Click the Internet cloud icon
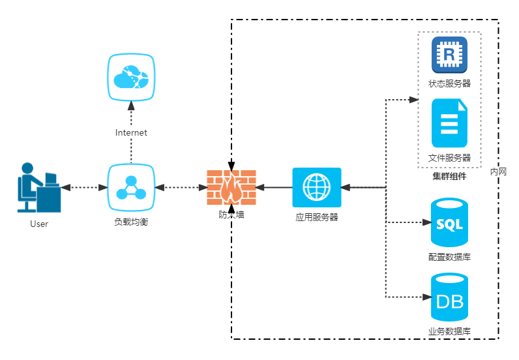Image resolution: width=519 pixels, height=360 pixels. (131, 77)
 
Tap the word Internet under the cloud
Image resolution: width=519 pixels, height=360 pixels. (131, 133)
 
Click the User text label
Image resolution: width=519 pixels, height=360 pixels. (39, 224)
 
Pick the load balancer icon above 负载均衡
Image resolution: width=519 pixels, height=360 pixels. (131, 187)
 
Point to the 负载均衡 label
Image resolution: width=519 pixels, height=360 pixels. (131, 222)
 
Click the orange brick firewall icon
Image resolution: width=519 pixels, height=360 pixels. (231, 187)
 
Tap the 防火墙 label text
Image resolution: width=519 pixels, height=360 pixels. (231, 214)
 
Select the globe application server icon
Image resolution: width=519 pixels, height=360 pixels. (316, 187)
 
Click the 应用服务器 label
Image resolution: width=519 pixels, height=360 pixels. (316, 217)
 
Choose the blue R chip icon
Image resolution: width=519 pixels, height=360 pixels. (449, 55)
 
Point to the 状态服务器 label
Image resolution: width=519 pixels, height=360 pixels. (449, 83)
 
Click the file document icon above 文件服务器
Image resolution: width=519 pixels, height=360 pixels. (449, 123)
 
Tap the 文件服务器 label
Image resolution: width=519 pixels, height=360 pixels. (449, 158)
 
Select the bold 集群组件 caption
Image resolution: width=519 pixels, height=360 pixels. (449, 176)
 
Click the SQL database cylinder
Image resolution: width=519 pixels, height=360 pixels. (449, 222)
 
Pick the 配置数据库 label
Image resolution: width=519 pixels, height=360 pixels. (449, 257)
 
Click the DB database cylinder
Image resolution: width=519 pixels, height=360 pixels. (449, 298)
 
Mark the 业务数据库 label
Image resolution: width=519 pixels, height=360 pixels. (449, 331)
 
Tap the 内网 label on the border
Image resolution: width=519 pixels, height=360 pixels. (498, 172)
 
